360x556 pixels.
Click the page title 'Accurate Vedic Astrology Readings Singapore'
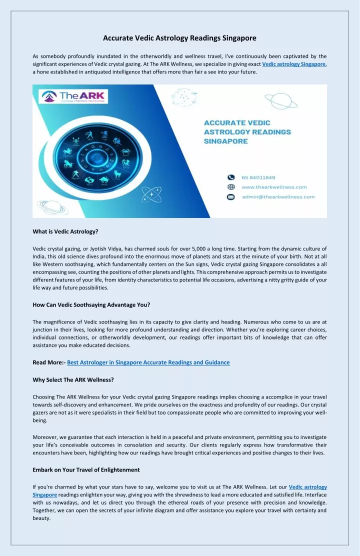click(179, 38)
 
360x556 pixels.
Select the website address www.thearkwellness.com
click(274, 187)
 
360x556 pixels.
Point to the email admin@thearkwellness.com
click(278, 197)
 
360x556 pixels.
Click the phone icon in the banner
click(231, 177)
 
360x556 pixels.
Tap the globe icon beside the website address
click(231, 187)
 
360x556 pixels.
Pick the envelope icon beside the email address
click(231, 197)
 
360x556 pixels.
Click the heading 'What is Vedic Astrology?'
click(65, 231)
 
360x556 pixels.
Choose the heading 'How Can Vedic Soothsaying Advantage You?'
click(91, 304)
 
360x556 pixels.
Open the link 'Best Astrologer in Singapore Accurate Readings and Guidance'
click(148, 362)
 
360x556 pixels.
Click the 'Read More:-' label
click(48, 362)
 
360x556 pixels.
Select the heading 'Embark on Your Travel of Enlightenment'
click(86, 470)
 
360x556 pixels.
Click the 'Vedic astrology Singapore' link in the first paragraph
click(294, 64)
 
